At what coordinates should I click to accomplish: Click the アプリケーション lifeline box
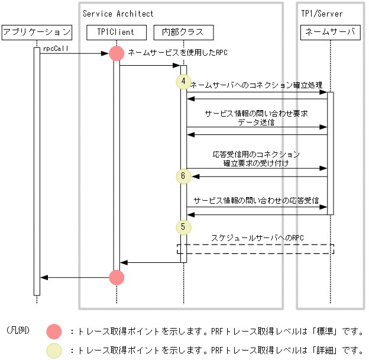coord(37,32)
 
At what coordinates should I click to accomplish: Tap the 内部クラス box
coord(183,32)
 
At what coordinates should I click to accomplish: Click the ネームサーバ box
coord(331,32)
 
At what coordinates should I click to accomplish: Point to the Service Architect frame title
coord(118,14)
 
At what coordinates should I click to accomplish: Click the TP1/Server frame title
coord(322,14)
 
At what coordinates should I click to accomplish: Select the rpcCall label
coord(53,49)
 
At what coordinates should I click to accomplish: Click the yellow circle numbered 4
coord(183,81)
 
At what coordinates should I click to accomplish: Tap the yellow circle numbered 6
coord(183,176)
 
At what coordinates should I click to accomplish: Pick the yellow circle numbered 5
coord(183,226)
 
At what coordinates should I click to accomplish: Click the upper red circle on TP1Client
coord(116,53)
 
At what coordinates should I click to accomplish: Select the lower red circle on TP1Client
coord(116,277)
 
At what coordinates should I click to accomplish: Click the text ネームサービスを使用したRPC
coord(177,53)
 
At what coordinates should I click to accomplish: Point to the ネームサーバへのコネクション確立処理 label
coord(256,85)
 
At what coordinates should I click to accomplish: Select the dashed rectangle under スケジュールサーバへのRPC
coord(255,249)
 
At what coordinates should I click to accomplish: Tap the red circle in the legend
coord(54,332)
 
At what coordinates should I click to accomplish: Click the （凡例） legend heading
coord(19,330)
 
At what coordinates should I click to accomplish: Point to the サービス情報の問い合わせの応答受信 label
coord(256,201)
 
